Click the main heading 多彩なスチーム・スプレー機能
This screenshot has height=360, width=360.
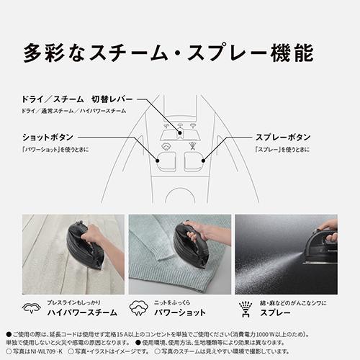point(168,54)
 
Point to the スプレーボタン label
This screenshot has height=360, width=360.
point(284,136)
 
